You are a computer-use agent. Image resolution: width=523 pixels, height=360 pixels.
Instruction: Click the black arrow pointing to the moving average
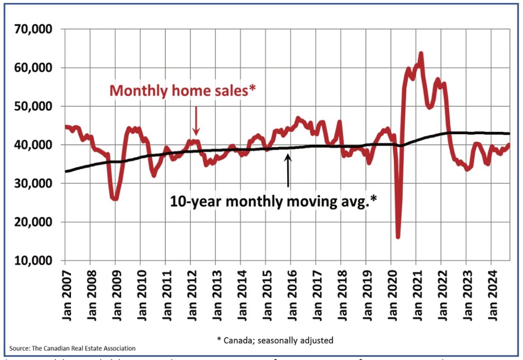pos(288,170)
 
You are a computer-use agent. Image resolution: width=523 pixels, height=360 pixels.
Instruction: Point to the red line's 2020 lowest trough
pos(398,236)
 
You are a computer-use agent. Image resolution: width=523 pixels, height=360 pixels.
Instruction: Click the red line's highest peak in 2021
pos(421,54)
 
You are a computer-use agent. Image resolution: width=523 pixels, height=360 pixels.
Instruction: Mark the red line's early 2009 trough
pos(115,198)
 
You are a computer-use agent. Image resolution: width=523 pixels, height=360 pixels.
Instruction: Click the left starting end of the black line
pos(65,171)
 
